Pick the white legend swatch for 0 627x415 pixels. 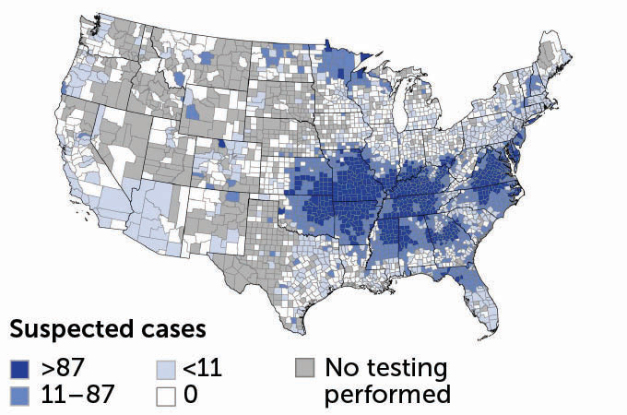pos(165,395)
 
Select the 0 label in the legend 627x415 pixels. pos(190,395)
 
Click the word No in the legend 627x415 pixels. pos(340,369)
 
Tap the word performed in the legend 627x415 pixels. pos(386,395)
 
